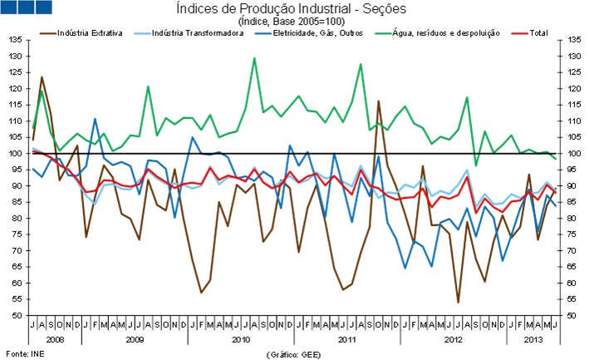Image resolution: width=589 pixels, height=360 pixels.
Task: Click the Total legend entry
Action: point(535,33)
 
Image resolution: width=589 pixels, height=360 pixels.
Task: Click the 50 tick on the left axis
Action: point(17,316)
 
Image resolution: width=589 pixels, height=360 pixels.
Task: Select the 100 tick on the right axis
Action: point(572,154)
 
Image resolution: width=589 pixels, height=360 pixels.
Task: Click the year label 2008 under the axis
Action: point(54,339)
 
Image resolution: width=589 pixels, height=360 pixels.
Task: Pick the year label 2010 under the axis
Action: point(240,339)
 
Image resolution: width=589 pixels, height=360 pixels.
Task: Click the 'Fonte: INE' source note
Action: point(23,353)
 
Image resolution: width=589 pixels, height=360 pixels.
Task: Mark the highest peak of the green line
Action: point(253,58)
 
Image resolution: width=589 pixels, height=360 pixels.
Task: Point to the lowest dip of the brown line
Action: point(458,302)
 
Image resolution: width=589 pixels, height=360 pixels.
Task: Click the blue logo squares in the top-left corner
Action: point(27,7)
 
